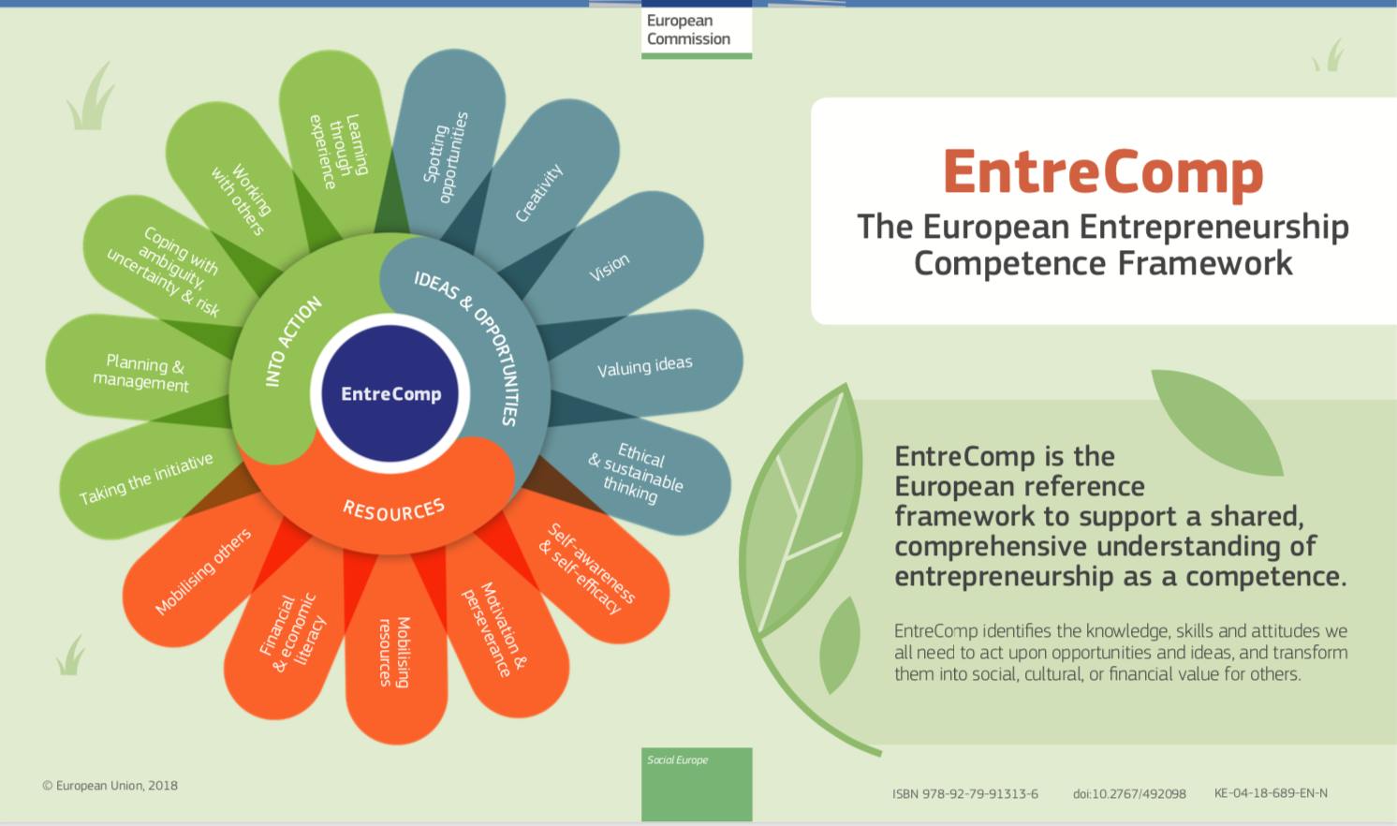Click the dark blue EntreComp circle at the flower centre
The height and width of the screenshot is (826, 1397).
390,394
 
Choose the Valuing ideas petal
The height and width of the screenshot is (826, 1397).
645,366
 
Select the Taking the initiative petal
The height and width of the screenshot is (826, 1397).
145,479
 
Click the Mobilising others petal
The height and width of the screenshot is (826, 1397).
201,572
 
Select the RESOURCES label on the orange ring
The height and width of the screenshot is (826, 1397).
393,510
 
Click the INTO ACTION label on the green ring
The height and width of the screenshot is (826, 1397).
292,343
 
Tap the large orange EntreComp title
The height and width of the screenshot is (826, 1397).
1103,173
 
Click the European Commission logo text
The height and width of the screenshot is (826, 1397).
688,30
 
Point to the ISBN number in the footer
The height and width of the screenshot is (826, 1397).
965,794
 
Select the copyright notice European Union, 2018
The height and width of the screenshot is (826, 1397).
110,786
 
